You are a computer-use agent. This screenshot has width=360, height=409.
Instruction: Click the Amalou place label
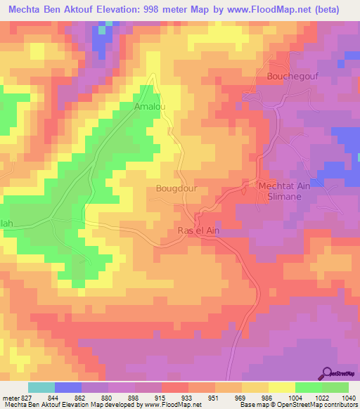(x=149, y=106)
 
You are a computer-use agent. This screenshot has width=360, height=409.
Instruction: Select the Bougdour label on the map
(x=174, y=189)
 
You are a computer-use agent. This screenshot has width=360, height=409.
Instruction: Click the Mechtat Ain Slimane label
(x=290, y=192)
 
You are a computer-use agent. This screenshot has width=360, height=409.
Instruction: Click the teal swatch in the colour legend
(x=41, y=387)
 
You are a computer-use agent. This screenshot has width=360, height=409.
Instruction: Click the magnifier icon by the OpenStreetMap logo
(x=327, y=372)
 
